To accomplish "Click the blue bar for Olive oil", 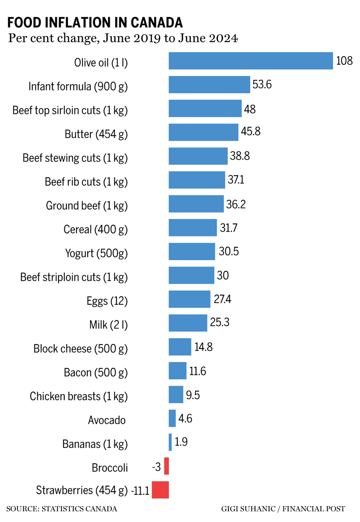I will [250, 61].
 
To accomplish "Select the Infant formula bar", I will [209, 85].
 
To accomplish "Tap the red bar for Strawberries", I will [160, 490].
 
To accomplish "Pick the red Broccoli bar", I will [166, 466].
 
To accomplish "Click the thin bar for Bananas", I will [170, 442].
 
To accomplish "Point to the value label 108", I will [344, 61].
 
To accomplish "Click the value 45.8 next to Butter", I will [250, 131].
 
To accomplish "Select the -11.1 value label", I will [140, 491].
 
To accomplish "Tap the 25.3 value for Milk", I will [219, 322].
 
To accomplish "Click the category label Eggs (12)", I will [107, 301].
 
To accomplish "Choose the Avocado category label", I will [106, 420].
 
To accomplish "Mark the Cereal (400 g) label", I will [95, 229].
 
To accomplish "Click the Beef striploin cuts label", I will [74, 277].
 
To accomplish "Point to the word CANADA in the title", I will [157, 23].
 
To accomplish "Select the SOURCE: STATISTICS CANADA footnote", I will [61, 509].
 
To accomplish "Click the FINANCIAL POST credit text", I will [313, 509].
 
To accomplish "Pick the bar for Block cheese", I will [180, 347].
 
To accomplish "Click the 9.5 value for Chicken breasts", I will [193, 395].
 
